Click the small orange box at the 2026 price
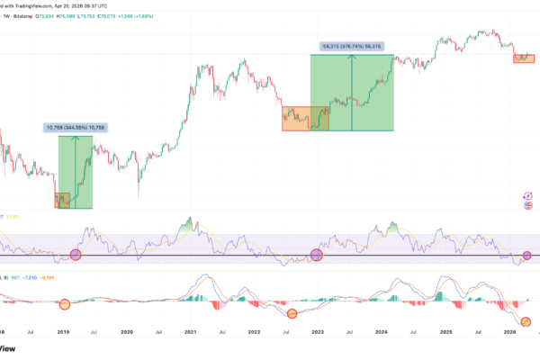[524, 58]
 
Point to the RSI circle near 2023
[316, 256]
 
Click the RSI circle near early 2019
[76, 256]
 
